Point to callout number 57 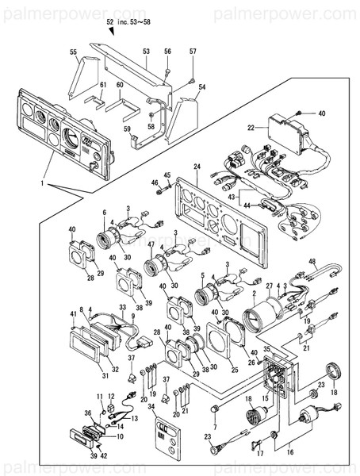[193, 52]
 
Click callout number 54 [202, 86]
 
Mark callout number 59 [126, 129]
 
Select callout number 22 [251, 127]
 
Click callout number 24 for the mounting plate [197, 167]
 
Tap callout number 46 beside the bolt [156, 183]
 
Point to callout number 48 [312, 262]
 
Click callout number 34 [151, 406]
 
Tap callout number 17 [258, 454]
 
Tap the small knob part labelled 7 [214, 409]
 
